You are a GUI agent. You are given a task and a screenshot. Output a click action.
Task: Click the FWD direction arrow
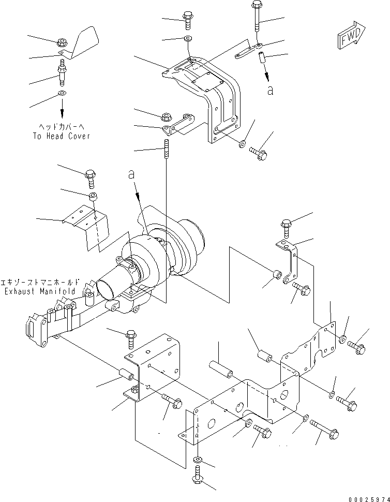tap(351, 35)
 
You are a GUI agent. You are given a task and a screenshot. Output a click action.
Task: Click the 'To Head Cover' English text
tap(62, 136)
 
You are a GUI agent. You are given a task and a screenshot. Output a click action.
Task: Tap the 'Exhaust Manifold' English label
tap(40, 291)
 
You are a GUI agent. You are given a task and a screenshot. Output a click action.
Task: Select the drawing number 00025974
tap(369, 499)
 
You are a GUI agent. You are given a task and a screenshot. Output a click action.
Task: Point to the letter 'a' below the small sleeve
tap(271, 91)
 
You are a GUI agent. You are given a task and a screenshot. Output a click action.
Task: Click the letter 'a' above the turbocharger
tap(131, 175)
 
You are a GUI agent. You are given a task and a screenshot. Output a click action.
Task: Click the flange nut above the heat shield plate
tap(62, 42)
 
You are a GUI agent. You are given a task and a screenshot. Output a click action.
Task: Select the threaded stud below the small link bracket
tap(167, 149)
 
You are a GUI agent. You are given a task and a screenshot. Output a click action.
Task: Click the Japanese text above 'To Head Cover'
tap(61, 127)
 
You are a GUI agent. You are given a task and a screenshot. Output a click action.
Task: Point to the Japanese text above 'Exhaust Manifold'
tap(40, 283)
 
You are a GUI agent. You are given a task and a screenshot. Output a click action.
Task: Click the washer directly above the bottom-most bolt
tap(198, 460)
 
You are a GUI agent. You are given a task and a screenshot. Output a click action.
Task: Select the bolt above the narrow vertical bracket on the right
tap(287, 228)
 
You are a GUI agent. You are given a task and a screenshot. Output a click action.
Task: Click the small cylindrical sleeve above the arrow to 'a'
tap(262, 57)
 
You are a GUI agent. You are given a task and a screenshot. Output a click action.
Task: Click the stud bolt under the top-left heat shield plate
tap(62, 72)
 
